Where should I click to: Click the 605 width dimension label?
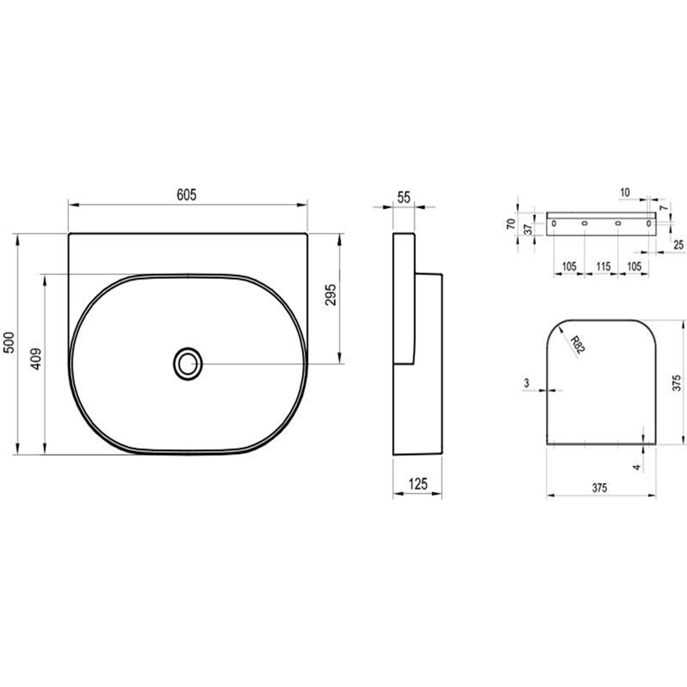coord(187,195)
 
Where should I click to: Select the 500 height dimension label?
coord(9,342)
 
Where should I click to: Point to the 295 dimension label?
coord(331,294)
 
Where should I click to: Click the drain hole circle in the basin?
coord(188,364)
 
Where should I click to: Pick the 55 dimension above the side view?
coord(404,197)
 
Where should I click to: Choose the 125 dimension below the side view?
coord(417,484)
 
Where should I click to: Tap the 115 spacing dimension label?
coord(603,266)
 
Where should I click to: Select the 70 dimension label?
coord(511,224)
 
